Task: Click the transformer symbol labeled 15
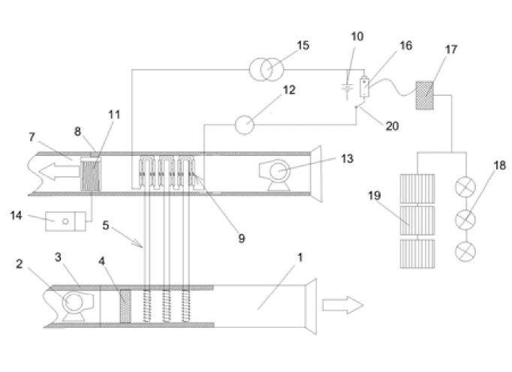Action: point(267,70)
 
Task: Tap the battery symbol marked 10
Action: point(347,88)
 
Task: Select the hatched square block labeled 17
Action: point(424,95)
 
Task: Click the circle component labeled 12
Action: point(245,124)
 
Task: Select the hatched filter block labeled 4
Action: point(125,306)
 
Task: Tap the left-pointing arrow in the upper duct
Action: point(59,172)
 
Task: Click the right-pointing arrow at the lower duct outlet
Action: point(343,305)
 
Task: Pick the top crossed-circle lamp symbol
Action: point(465,187)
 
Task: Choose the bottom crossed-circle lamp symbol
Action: point(465,251)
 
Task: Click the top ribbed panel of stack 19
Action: point(417,188)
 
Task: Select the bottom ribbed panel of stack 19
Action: point(417,253)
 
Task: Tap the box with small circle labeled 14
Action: point(65,221)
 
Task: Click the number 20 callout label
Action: point(392,126)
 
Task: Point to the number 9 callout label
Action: point(241,238)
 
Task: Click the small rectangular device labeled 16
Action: point(364,87)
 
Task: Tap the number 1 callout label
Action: point(300,257)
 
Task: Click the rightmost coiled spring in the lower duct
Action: point(185,306)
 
